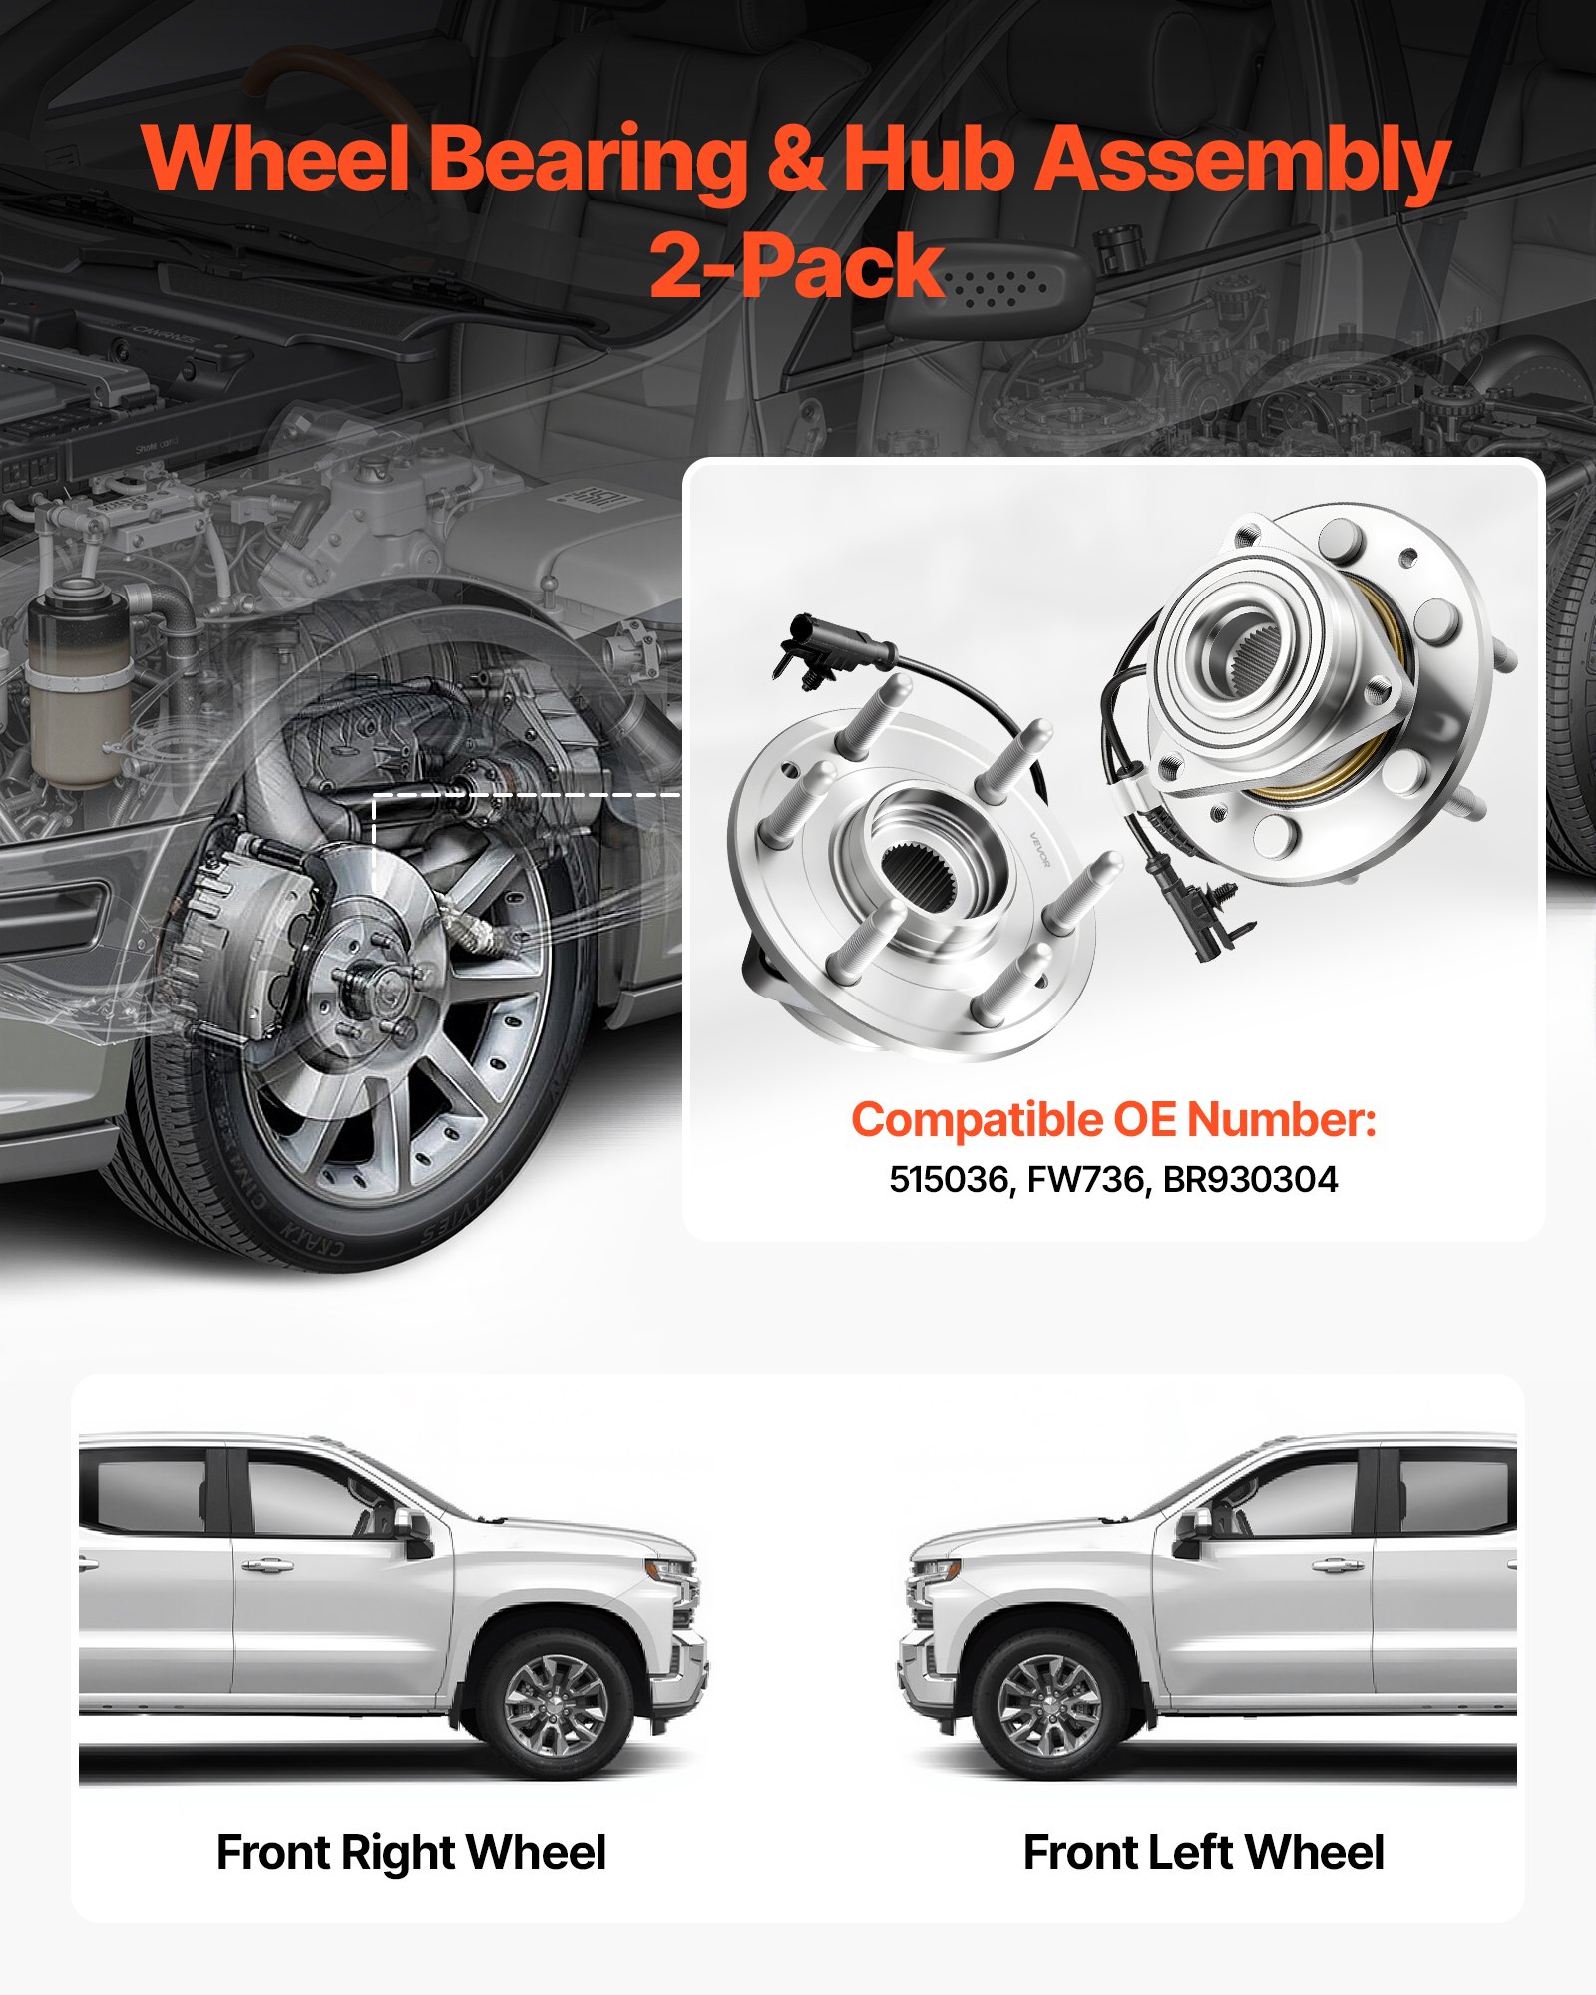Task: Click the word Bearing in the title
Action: tap(589, 160)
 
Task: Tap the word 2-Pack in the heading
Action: tap(796, 265)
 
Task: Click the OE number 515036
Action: tap(948, 1179)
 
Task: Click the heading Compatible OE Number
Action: tap(1113, 1119)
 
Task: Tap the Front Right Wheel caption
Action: tap(411, 1853)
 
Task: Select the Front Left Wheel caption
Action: tap(1203, 1853)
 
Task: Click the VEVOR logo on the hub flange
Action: tap(1039, 849)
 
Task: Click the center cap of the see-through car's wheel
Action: tap(379, 988)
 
